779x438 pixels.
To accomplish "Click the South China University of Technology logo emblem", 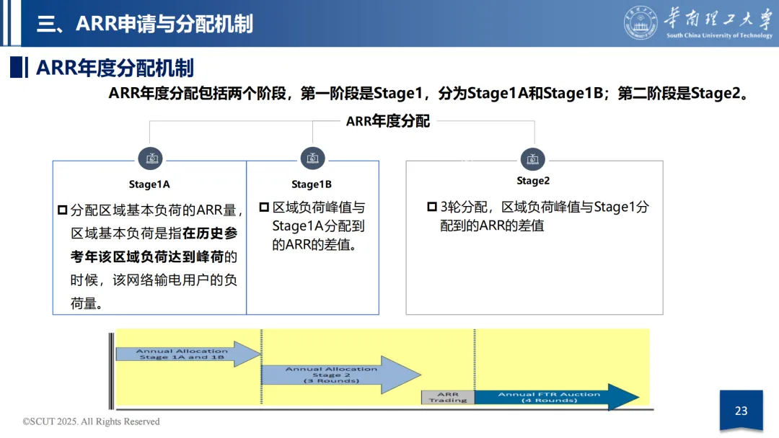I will [x=641, y=22].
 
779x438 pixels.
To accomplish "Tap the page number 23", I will [x=741, y=411].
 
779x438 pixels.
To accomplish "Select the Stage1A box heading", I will [x=149, y=184].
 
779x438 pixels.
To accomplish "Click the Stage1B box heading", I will [x=312, y=184].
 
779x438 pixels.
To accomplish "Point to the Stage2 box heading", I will [x=533, y=181].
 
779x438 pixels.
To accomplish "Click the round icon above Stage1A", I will [x=150, y=158].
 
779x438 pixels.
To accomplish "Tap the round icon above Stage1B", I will [x=312, y=158].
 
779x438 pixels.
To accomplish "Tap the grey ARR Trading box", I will [x=448, y=397].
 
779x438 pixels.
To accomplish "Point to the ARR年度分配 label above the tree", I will [x=388, y=121].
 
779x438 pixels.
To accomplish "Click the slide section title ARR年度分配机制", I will [x=115, y=68].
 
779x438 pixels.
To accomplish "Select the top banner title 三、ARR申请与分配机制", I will [x=145, y=23].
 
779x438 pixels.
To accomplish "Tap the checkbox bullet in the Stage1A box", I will [x=63, y=210].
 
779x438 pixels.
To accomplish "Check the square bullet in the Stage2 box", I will [x=432, y=207].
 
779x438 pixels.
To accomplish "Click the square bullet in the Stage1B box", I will [x=263, y=207].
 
